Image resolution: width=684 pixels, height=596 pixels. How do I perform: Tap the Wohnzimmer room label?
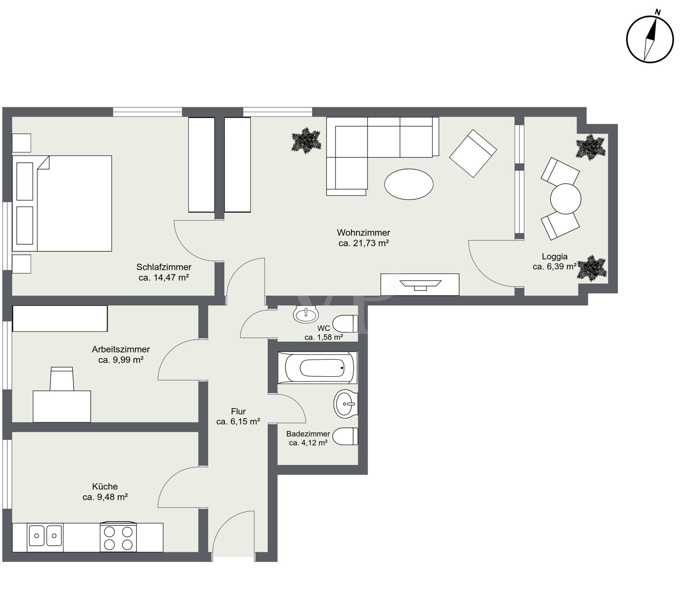click(x=363, y=232)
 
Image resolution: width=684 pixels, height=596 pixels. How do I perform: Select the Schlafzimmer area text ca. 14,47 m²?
click(x=164, y=277)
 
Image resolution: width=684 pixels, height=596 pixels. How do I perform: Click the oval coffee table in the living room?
click(x=409, y=184)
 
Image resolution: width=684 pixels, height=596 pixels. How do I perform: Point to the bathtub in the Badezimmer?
click(x=317, y=368)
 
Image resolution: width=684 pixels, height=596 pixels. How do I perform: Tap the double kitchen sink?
click(x=45, y=538)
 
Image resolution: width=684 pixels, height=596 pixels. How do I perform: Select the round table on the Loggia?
click(x=565, y=198)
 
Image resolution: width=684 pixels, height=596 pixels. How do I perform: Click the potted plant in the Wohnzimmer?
click(x=306, y=140)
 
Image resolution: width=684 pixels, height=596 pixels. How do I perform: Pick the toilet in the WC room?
click(x=346, y=324)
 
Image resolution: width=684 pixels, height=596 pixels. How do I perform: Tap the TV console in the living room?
click(x=420, y=285)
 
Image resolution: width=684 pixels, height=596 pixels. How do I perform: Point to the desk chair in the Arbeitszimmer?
click(x=62, y=379)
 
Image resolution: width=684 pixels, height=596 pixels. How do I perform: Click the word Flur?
click(x=238, y=411)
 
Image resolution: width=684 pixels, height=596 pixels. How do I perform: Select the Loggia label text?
click(x=554, y=256)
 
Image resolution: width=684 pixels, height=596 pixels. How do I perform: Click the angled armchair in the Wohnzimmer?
click(x=473, y=153)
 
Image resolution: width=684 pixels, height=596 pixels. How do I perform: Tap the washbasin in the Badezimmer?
click(x=346, y=404)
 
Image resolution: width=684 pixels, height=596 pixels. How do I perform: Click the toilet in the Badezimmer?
click(x=346, y=436)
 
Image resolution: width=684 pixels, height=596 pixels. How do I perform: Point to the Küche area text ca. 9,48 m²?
click(x=105, y=497)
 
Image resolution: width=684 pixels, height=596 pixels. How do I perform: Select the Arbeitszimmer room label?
click(x=121, y=349)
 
